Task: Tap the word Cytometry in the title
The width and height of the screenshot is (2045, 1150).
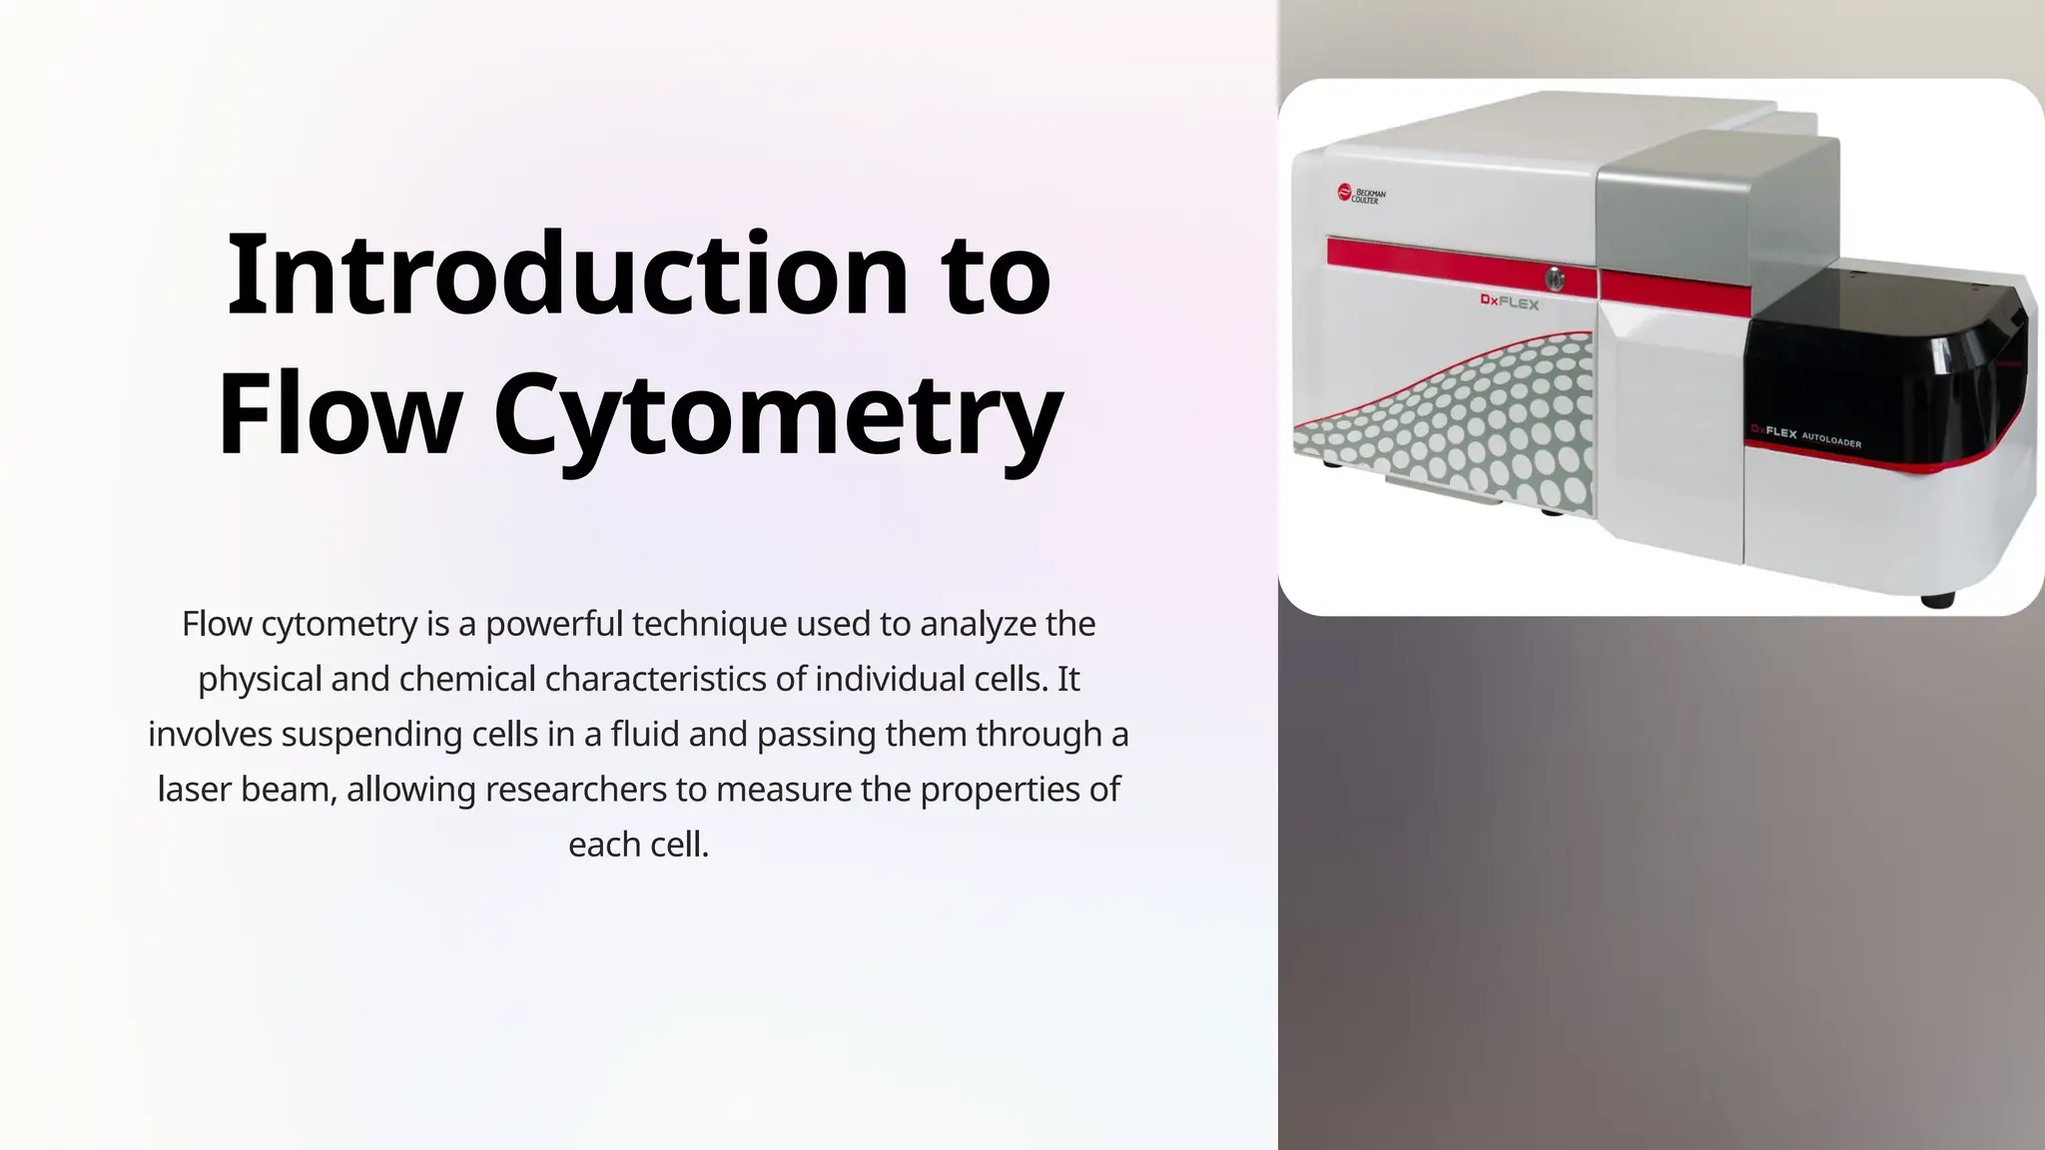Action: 778,413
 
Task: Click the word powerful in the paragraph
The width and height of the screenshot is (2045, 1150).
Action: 553,624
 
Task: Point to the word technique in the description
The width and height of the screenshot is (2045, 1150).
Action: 708,624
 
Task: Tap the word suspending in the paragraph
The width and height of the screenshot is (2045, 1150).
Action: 371,734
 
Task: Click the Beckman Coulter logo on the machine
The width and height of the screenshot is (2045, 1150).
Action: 1361,195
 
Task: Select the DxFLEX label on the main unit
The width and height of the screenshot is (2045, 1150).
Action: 1509,301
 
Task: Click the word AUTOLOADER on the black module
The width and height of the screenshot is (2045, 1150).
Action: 1831,439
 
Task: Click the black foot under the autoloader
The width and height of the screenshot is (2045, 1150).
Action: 1937,600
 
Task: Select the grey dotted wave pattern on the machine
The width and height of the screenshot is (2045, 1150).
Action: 1478,419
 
